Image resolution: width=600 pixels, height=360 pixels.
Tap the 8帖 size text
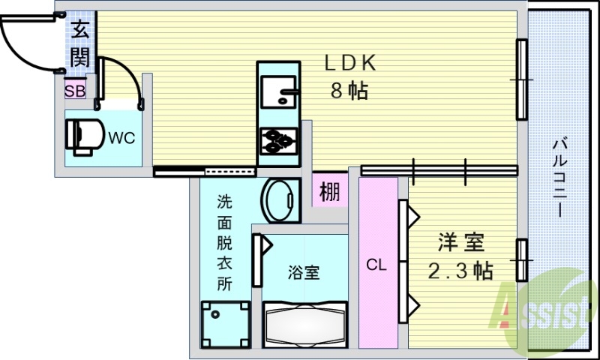[349, 91]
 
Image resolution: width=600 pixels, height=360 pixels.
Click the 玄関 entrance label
[80, 44]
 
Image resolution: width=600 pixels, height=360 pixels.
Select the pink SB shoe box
[75, 91]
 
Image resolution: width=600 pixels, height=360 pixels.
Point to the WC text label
[121, 137]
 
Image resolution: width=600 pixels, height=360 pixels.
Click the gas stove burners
[278, 140]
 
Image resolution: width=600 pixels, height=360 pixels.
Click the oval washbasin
[280, 200]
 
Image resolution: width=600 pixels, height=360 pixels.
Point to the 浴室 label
[304, 272]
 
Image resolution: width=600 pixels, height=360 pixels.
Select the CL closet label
[376, 265]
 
